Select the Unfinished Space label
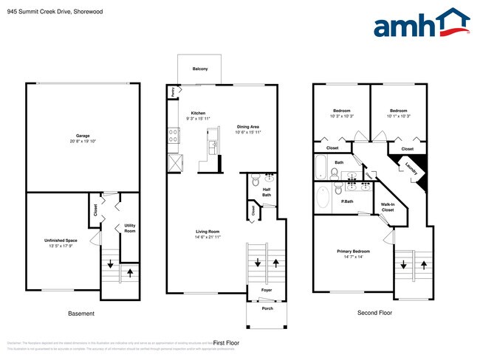[61, 243]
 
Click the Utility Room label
[129, 228]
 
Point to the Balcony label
[200, 69]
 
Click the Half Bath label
[267, 192]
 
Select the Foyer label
[267, 291]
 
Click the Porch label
[267, 308]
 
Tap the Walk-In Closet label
[387, 207]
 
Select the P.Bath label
[346, 201]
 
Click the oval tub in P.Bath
[323, 198]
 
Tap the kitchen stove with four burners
[174, 135]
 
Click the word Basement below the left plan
[81, 313]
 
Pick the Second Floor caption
[374, 313]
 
